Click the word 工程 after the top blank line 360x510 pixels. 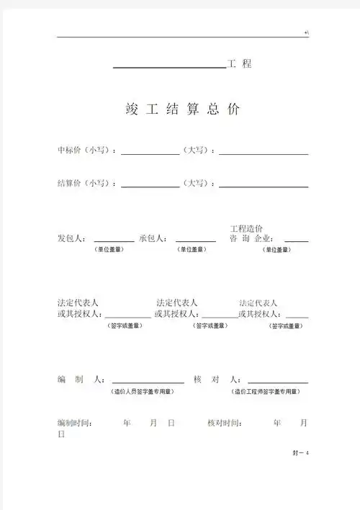pyautogui.click(x=240, y=64)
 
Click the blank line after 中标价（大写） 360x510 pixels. pyautogui.click(x=264, y=153)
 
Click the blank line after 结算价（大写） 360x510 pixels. pyautogui.click(x=264, y=186)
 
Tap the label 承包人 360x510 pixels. pyautogui.click(x=153, y=238)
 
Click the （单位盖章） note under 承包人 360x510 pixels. pyautogui.click(x=192, y=249)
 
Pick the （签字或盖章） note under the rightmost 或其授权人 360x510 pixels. pyautogui.click(x=285, y=326)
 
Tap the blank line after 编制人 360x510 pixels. pyautogui.click(x=147, y=382)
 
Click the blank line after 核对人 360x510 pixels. pyautogui.click(x=278, y=382)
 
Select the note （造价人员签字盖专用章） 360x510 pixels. pyautogui.click(x=142, y=392)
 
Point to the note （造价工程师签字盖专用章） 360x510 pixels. pyautogui.click(x=266, y=392)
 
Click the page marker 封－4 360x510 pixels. pyautogui.click(x=300, y=452)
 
